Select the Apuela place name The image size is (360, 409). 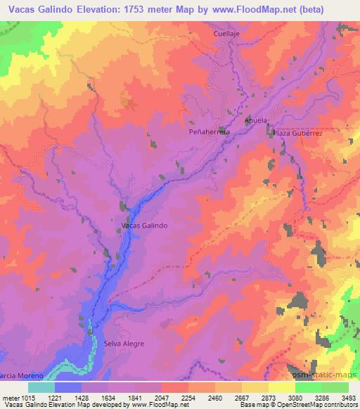point(256,120)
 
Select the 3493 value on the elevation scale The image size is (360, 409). point(347,397)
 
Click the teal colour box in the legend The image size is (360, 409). point(41,387)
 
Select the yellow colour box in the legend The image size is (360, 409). point(282,387)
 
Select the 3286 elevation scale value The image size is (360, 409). point(323,397)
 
